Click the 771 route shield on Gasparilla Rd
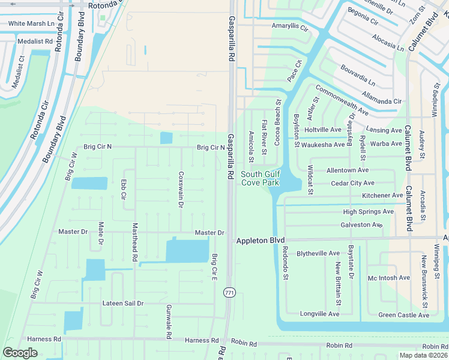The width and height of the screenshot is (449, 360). [228, 292]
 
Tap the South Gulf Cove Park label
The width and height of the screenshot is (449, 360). [260, 178]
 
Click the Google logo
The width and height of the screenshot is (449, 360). [20, 353]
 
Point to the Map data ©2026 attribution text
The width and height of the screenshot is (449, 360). [424, 355]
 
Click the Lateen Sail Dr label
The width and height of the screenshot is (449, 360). [122, 304]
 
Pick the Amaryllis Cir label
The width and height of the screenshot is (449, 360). [289, 28]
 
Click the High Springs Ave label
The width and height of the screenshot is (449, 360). [368, 212]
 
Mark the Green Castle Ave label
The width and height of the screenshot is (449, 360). [403, 315]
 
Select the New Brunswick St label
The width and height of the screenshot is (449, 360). [424, 278]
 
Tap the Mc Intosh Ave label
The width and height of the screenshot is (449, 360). [388, 278]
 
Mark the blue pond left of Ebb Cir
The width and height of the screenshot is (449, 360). [89, 183]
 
